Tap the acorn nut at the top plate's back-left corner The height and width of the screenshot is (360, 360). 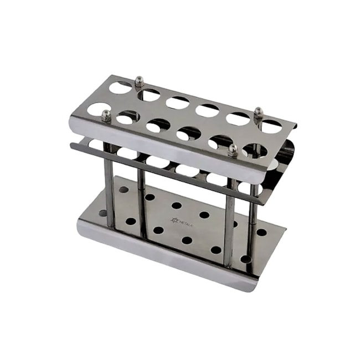tap(140, 82)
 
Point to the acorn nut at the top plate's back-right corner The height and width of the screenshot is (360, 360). tap(258, 113)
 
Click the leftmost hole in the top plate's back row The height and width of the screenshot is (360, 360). tap(120, 87)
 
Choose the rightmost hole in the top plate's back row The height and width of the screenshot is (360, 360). tap(271, 127)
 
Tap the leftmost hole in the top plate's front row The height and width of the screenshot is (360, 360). tap(98, 109)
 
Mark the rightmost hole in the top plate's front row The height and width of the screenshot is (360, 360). tap(254, 150)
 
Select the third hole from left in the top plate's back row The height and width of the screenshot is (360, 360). tap(178, 102)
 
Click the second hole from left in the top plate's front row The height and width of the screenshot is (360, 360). tap(128, 117)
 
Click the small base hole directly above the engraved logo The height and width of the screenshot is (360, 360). tap(177, 205)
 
